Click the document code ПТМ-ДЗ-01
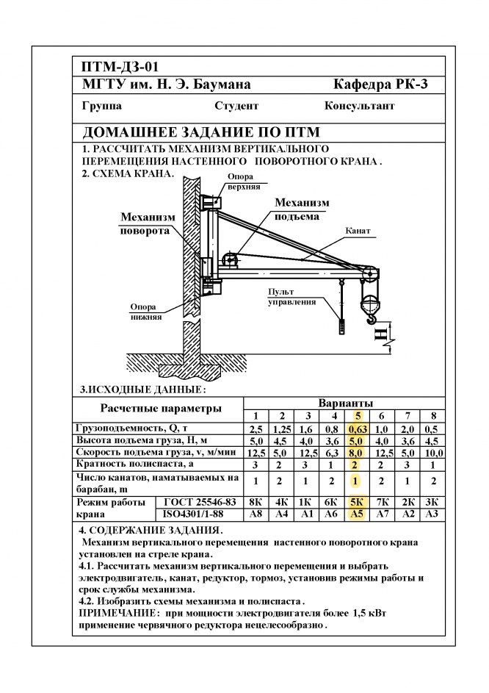120,68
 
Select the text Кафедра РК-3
380,85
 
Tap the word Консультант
359,106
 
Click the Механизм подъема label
302,209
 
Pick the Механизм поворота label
148,223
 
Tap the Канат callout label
358,231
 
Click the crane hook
372,317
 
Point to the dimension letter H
380,338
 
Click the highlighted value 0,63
358,428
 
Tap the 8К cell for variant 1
256,501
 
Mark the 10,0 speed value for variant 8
433,453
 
